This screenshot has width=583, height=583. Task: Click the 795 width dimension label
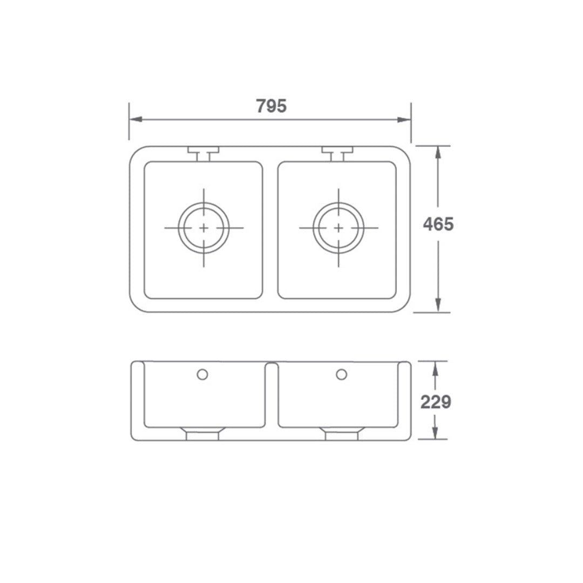click(x=271, y=106)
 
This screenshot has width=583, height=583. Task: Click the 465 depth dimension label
click(x=438, y=224)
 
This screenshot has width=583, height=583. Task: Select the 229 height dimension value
click(x=436, y=402)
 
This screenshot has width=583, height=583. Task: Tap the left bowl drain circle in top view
click(x=204, y=228)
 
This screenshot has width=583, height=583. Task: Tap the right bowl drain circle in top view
click(x=338, y=228)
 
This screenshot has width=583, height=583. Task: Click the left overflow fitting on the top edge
click(x=203, y=152)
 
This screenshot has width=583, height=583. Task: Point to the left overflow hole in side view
click(x=202, y=374)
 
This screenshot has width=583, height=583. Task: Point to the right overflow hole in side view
click(x=341, y=374)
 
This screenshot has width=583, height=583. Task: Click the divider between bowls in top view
click(x=270, y=229)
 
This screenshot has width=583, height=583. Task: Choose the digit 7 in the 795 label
click(x=260, y=106)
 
